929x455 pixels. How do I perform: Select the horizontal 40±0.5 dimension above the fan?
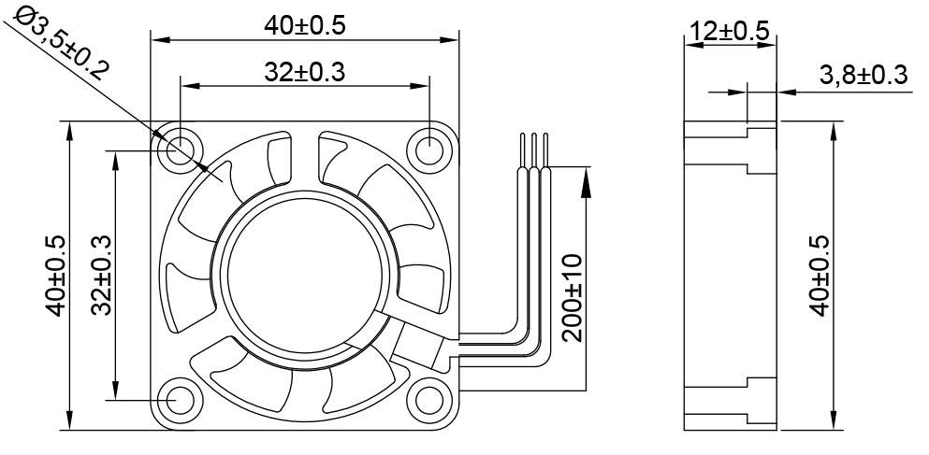click(x=305, y=25)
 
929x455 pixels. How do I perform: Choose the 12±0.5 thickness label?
click(x=730, y=31)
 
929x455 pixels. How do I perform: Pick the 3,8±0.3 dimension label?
click(x=863, y=76)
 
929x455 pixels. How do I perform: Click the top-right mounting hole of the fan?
click(x=430, y=147)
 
